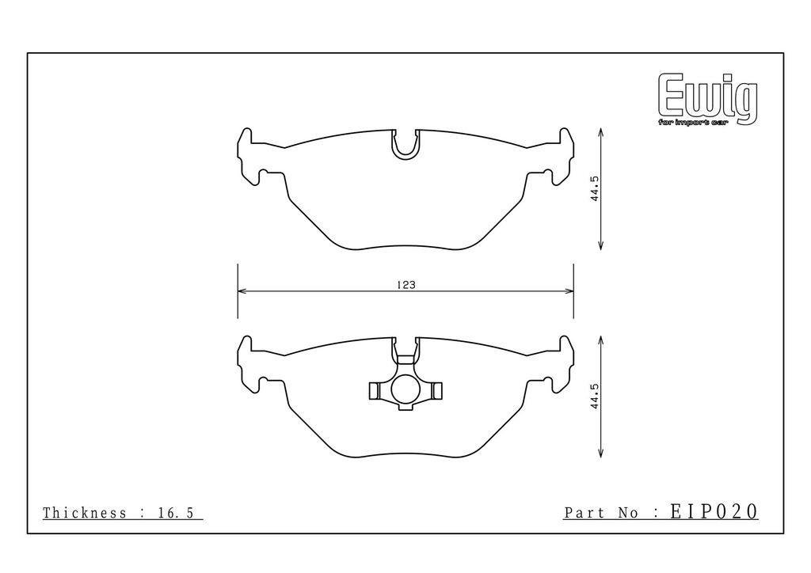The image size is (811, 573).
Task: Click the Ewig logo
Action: coord(707,99)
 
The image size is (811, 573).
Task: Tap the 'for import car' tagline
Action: coord(692,122)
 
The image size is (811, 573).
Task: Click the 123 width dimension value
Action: coord(406,285)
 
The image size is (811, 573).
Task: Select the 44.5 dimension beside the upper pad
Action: coord(595,188)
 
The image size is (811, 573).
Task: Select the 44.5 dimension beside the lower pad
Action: coord(595,397)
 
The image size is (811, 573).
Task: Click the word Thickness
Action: coord(84,513)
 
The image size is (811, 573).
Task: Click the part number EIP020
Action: coord(714,511)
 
